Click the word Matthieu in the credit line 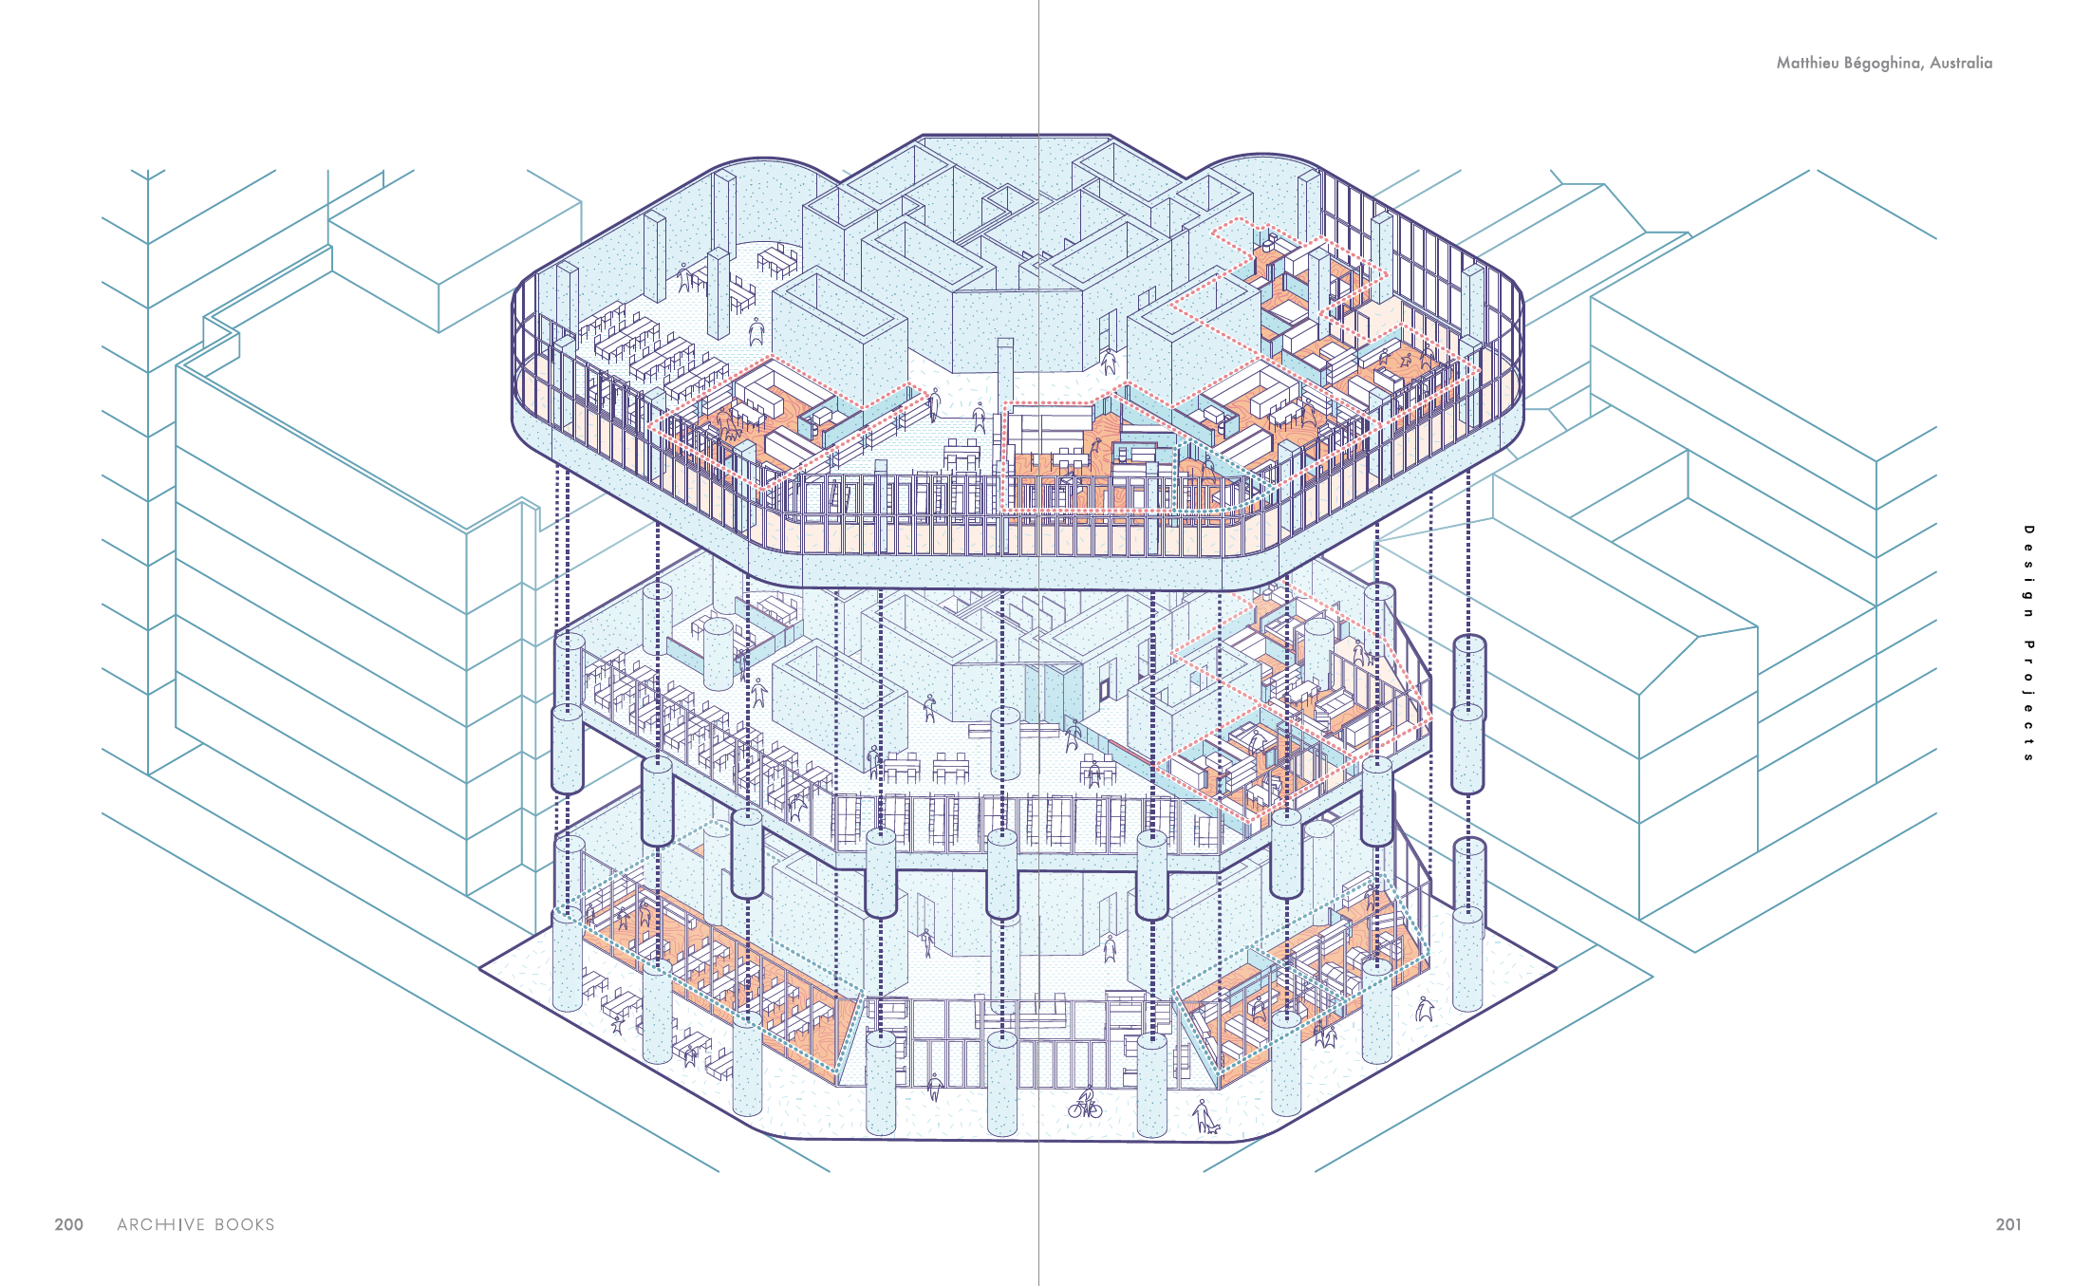pyautogui.click(x=1807, y=63)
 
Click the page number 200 pyautogui.click(x=68, y=1224)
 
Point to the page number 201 pyautogui.click(x=2008, y=1224)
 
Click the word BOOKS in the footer pyautogui.click(x=245, y=1224)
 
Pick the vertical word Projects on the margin pyautogui.click(x=2028, y=701)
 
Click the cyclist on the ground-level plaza pyautogui.click(x=1085, y=1102)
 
